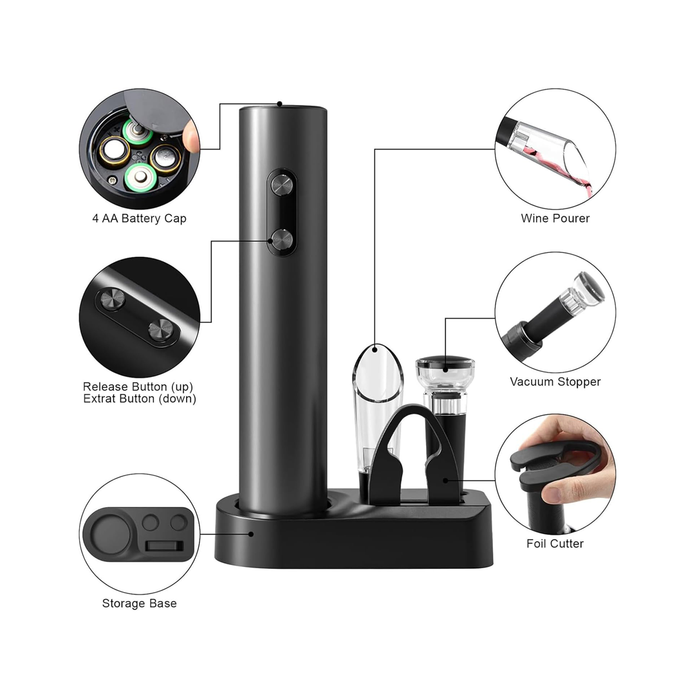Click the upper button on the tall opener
pos(282,185)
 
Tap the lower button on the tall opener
pos(282,240)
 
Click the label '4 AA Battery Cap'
pos(139,219)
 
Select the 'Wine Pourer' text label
pos(555,219)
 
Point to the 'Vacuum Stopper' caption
pos(555,382)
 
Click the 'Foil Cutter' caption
pos(555,544)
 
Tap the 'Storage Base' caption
pos(139,604)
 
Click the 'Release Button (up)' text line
pos(138,387)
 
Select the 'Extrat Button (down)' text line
pos(140,399)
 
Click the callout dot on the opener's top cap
pos(280,104)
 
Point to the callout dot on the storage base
pos(251,534)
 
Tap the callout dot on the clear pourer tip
pos(375,349)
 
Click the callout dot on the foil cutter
pos(445,480)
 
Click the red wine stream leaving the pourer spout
pos(586,185)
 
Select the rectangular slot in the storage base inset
pos(165,546)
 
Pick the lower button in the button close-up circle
pos(160,329)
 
